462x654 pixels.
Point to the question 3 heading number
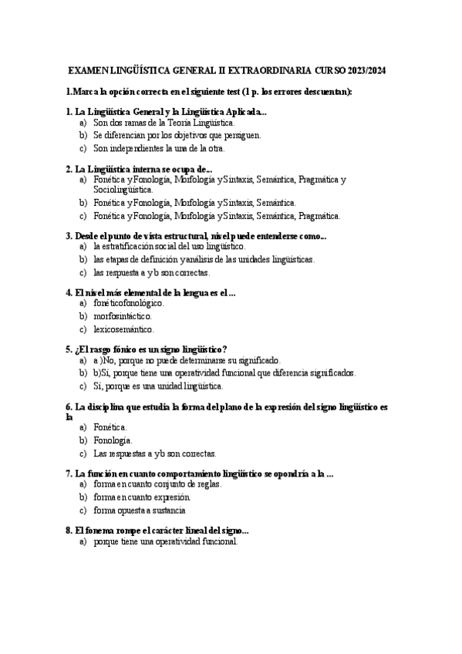click(69, 236)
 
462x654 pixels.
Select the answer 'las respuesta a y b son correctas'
click(150, 272)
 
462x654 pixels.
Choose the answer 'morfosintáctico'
click(123, 316)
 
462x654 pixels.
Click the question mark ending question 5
click(224, 349)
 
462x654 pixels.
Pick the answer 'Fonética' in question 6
click(110, 426)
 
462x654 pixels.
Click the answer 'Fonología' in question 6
click(113, 440)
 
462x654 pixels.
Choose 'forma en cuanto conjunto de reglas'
click(157, 484)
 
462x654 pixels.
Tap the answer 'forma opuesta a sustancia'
click(139, 510)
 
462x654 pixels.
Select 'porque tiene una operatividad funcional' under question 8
click(165, 541)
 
